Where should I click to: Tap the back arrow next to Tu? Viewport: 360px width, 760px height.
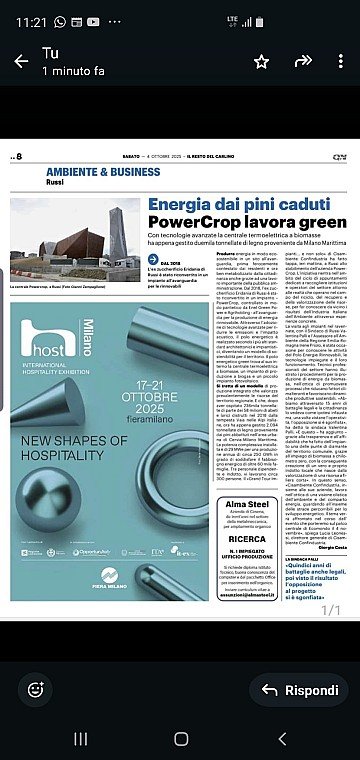(x=21, y=61)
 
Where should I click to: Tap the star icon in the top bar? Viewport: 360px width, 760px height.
(x=262, y=61)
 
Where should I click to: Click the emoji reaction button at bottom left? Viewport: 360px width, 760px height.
(x=36, y=689)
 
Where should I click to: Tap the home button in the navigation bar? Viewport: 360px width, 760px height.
(x=180, y=739)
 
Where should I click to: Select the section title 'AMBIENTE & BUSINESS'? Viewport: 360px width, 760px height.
(x=103, y=172)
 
